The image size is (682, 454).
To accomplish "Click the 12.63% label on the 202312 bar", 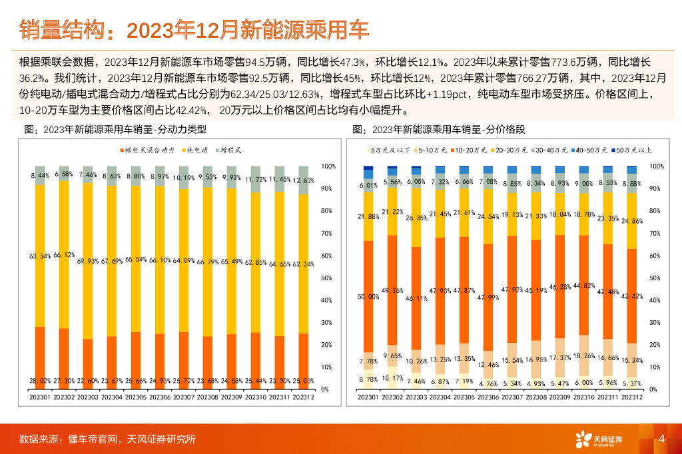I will [304, 180].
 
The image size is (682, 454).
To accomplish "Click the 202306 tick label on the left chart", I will [161, 397].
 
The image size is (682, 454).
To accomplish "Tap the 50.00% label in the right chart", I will [368, 296].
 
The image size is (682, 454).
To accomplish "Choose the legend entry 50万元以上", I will [632, 151].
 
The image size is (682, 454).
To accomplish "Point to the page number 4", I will [661, 438].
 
